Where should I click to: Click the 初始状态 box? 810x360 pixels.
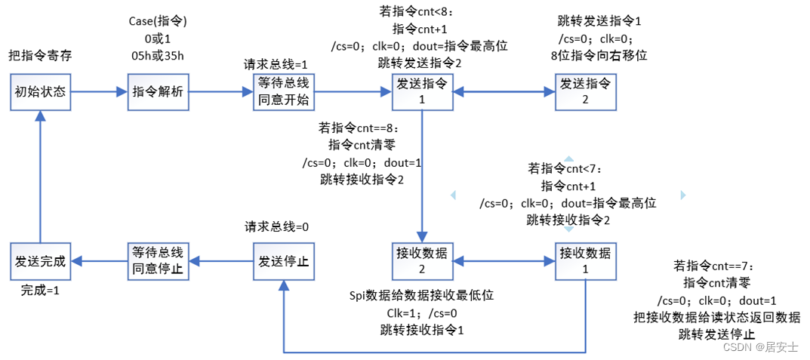click(x=41, y=92)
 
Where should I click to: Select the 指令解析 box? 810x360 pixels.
click(x=158, y=92)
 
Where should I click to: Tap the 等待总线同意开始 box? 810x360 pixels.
click(x=283, y=92)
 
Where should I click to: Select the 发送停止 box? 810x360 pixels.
click(x=283, y=260)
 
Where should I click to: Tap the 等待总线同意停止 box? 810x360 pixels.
click(x=158, y=260)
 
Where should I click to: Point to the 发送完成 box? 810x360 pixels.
click(x=41, y=260)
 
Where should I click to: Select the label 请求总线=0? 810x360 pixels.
click(x=276, y=226)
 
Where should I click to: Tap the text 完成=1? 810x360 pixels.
click(x=39, y=289)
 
